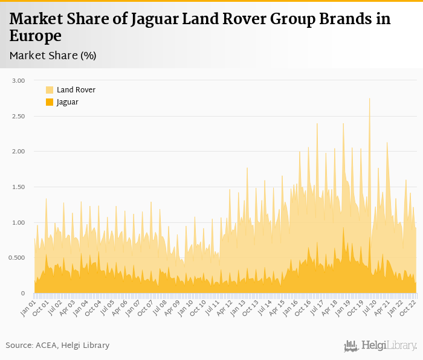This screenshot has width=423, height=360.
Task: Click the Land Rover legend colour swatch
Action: point(50,90)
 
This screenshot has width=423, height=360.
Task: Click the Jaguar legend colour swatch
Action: point(50,102)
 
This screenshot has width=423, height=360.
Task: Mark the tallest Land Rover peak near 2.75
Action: point(369,99)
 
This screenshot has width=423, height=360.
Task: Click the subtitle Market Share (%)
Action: point(53,56)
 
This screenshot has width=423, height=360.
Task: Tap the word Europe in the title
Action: point(36,36)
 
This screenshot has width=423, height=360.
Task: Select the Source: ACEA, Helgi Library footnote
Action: point(57,346)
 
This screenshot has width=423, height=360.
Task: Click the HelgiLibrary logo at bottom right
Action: point(381,346)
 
